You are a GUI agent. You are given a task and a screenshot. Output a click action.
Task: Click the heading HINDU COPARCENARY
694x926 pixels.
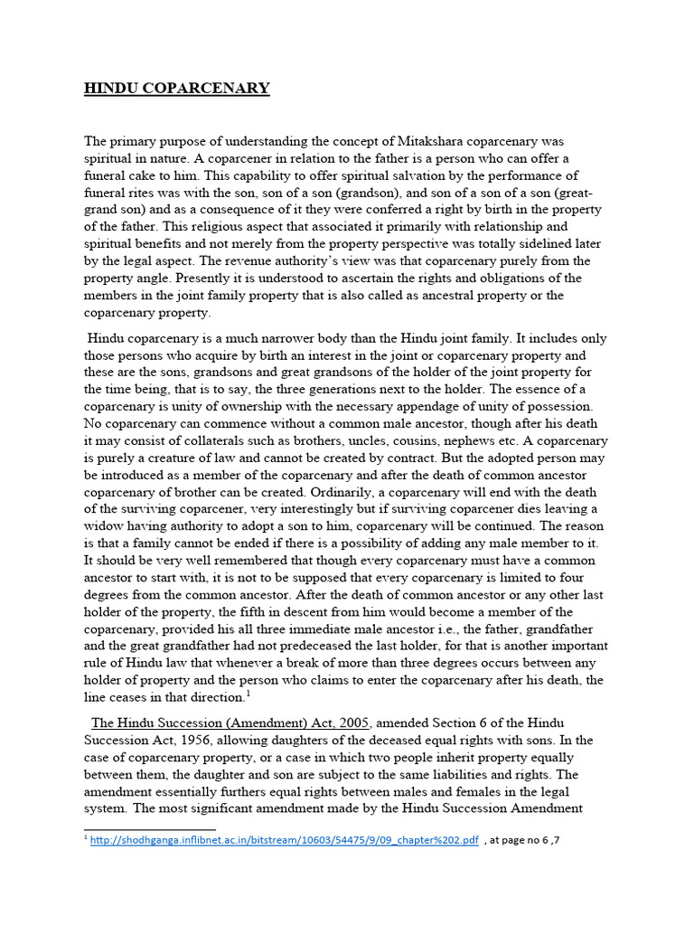click(x=177, y=88)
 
